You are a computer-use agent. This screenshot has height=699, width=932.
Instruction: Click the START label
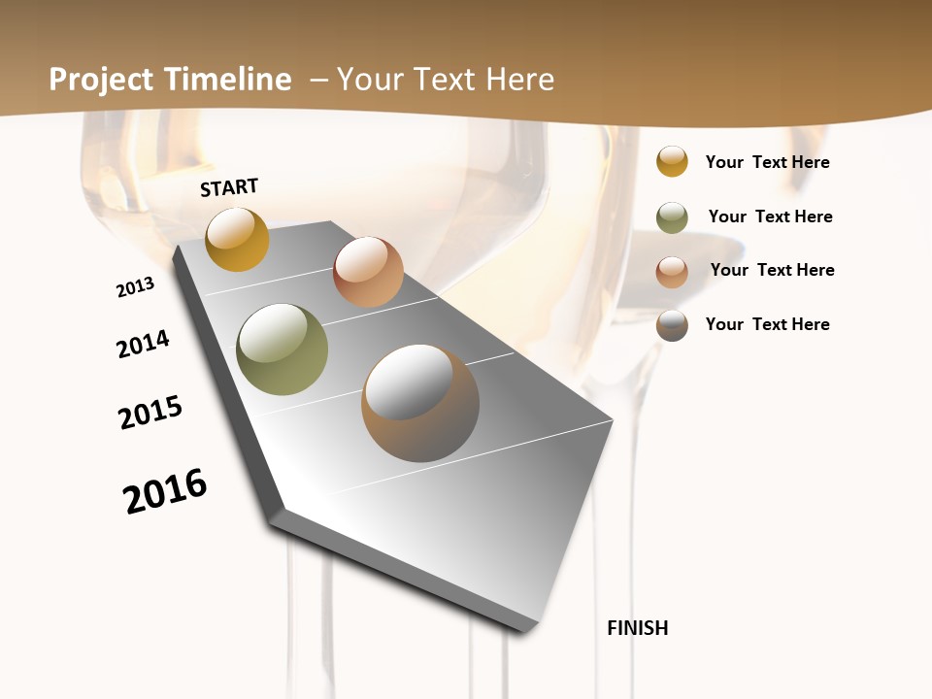[229, 187]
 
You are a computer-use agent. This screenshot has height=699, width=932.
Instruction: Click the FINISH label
[637, 628]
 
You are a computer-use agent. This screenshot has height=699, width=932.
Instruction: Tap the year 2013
[135, 287]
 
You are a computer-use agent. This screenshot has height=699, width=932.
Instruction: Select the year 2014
[143, 344]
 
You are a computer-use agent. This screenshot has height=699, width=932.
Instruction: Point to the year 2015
[150, 413]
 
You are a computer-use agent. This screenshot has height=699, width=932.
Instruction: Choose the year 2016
[165, 491]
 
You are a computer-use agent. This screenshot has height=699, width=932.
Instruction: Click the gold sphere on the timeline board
[237, 239]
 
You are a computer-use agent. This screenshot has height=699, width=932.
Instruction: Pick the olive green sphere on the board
[282, 349]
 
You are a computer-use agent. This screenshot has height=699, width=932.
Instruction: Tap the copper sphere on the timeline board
[368, 272]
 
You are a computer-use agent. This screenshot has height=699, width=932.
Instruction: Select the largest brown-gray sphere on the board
[420, 403]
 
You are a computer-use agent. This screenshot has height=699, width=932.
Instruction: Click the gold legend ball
[672, 161]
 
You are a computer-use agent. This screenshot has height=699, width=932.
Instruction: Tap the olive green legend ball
[672, 217]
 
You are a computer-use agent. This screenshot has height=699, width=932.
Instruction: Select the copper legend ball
[672, 272]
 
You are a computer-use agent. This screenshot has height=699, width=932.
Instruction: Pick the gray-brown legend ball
[672, 325]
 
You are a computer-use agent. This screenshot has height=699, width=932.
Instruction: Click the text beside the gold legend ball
[767, 162]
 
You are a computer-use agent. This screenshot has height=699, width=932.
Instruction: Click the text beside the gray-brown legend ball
[767, 324]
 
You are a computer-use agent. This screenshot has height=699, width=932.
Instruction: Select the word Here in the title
[519, 80]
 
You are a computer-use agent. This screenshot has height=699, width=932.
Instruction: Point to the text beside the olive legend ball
[770, 216]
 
